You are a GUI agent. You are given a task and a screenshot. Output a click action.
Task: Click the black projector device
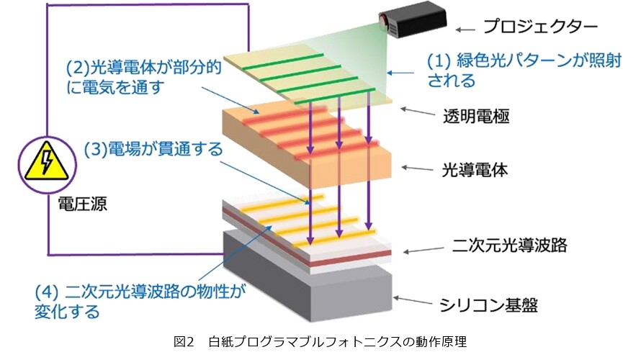pos(412,19)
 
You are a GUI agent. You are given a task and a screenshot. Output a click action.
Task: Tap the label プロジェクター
pos(540,27)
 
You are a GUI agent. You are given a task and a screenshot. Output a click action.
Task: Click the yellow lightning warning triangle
pos(47,161)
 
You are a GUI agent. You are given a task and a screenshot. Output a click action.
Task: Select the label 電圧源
pos(83,204)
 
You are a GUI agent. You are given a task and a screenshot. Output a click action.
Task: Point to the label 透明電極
pos(476,116)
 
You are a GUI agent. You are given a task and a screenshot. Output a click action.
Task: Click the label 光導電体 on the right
pos(475,170)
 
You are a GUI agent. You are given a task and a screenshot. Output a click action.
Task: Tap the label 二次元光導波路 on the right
pos(510,245)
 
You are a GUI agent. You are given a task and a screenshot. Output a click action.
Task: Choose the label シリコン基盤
pos(488,305)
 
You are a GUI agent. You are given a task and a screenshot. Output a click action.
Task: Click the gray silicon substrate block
pos(308,276)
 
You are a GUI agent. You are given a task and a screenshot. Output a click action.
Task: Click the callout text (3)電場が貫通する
pos(153,149)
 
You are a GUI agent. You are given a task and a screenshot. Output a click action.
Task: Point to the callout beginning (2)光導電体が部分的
pos(143,77)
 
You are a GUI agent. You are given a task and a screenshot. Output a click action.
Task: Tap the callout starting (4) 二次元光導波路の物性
pos(140,302)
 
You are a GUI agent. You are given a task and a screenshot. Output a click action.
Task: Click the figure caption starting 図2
pos(320,341)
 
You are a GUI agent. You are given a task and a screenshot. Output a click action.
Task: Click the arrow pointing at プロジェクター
pos(465,30)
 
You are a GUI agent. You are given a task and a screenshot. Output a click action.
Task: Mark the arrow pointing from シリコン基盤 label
pos(413,300)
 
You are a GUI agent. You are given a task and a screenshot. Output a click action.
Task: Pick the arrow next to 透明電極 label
pos(418,111)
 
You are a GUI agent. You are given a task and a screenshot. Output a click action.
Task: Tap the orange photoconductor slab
pos(307,145)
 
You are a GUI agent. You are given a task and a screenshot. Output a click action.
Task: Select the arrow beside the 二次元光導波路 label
pos(423,250)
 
